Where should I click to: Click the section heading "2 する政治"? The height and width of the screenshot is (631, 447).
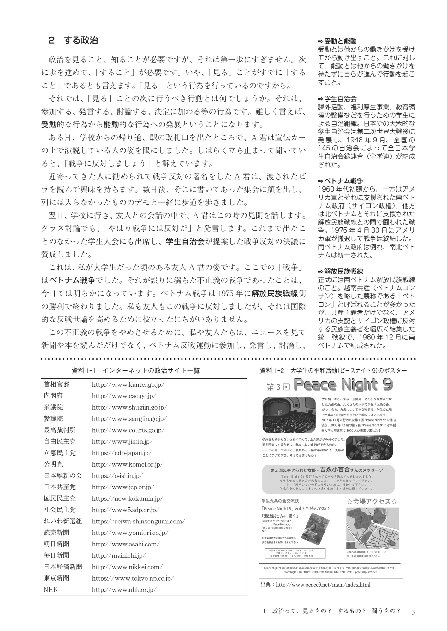pos(73,40)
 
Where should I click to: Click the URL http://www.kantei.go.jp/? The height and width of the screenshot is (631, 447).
pos(128,385)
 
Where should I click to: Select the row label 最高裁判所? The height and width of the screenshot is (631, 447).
pos(60,430)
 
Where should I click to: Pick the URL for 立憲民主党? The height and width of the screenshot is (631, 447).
pos(122,453)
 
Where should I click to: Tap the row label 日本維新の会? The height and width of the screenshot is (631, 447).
pos(63,476)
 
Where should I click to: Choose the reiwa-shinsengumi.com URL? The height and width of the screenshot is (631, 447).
pos(138,521)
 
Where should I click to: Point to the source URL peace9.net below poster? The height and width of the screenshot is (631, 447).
pos(323,585)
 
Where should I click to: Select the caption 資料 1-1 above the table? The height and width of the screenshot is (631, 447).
pos(136,371)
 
